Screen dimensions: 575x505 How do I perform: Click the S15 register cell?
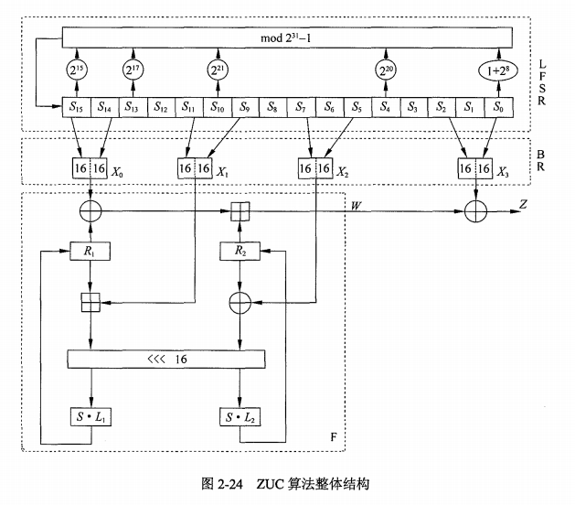pos(77,107)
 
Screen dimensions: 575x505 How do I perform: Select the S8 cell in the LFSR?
pos(272,107)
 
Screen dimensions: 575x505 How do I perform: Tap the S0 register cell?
pos(499,107)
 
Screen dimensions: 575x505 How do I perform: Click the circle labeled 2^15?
pos(77,70)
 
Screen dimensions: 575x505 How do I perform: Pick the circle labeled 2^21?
pos(218,70)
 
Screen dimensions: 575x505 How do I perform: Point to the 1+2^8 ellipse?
pos(498,70)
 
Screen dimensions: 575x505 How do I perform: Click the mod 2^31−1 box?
pos(287,38)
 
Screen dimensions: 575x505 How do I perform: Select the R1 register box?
pos(90,251)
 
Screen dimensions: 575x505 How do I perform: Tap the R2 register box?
pos(240,251)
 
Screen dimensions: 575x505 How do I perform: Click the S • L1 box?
pos(91,416)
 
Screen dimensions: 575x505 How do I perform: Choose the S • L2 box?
pos(240,417)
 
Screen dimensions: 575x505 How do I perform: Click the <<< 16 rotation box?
pos(166,359)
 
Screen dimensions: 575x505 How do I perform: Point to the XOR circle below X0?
pos(91,211)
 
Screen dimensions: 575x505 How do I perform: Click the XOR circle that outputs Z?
pos(476,211)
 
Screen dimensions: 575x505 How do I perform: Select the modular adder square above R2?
pos(240,211)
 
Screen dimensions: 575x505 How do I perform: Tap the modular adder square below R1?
pos(91,303)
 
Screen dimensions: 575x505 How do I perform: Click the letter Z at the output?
pos(523,204)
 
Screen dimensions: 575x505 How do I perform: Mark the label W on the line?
pos(356,206)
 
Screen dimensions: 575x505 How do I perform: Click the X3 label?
pos(503,172)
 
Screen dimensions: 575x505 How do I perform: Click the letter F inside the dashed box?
pos(334,436)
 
